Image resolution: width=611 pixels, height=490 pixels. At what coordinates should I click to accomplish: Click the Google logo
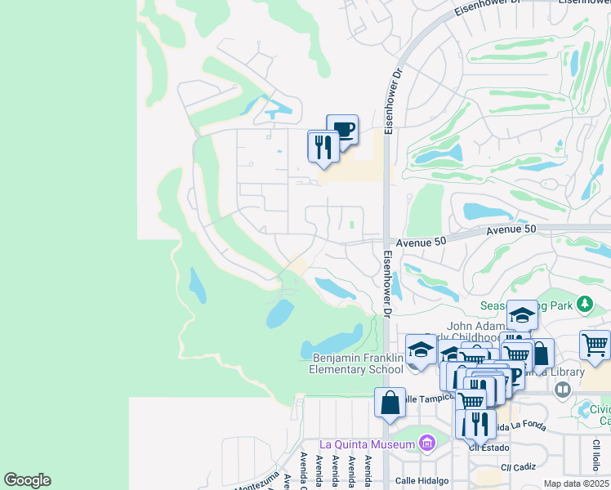click(27, 480)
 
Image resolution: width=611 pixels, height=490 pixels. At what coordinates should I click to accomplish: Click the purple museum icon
click(426, 443)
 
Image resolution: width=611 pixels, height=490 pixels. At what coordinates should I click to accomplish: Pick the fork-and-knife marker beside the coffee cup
click(323, 147)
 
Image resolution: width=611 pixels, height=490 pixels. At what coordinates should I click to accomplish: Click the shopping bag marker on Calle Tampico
click(390, 403)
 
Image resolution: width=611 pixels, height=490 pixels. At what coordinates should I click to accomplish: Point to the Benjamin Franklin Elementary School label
click(359, 363)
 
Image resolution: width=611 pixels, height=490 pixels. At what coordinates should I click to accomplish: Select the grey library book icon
click(562, 390)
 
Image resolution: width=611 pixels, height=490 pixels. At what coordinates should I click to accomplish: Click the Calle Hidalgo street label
click(423, 480)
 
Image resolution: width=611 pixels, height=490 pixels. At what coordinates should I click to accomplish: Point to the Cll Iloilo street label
click(596, 455)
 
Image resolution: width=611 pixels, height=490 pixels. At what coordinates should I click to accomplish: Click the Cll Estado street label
click(488, 448)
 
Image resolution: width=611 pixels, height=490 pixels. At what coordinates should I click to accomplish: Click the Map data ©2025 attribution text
click(577, 483)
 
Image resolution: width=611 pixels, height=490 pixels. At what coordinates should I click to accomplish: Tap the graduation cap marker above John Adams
click(522, 316)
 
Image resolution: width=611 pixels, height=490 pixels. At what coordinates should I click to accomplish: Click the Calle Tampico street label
click(426, 399)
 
